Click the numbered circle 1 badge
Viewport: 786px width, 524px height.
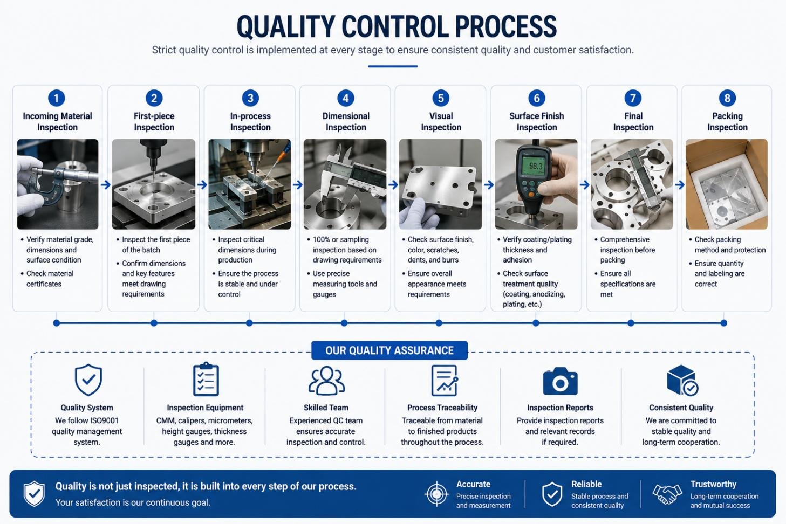(x=57, y=98)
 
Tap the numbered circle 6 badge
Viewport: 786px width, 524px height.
(x=537, y=98)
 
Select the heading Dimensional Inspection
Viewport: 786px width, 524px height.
(x=346, y=121)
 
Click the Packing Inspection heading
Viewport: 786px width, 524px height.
(x=727, y=121)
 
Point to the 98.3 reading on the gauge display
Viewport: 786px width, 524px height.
(x=536, y=166)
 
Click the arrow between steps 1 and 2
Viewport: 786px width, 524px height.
(x=105, y=184)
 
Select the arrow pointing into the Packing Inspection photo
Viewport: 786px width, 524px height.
(x=679, y=184)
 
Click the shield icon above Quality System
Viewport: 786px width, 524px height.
(x=88, y=380)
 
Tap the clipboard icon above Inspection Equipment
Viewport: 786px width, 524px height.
(x=206, y=379)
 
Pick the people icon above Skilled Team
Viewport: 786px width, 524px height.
(x=326, y=381)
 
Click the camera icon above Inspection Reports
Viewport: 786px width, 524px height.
(x=560, y=381)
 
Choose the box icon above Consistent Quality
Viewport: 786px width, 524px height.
(x=682, y=380)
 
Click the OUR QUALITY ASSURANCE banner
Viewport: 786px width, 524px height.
(x=389, y=350)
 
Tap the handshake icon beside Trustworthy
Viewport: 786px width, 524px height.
(x=667, y=494)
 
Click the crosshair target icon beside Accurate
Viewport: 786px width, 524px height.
(x=436, y=494)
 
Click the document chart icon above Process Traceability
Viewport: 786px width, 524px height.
(x=444, y=380)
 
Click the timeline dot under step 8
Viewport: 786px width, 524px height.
(x=723, y=323)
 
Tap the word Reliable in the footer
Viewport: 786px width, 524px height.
(x=586, y=484)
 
